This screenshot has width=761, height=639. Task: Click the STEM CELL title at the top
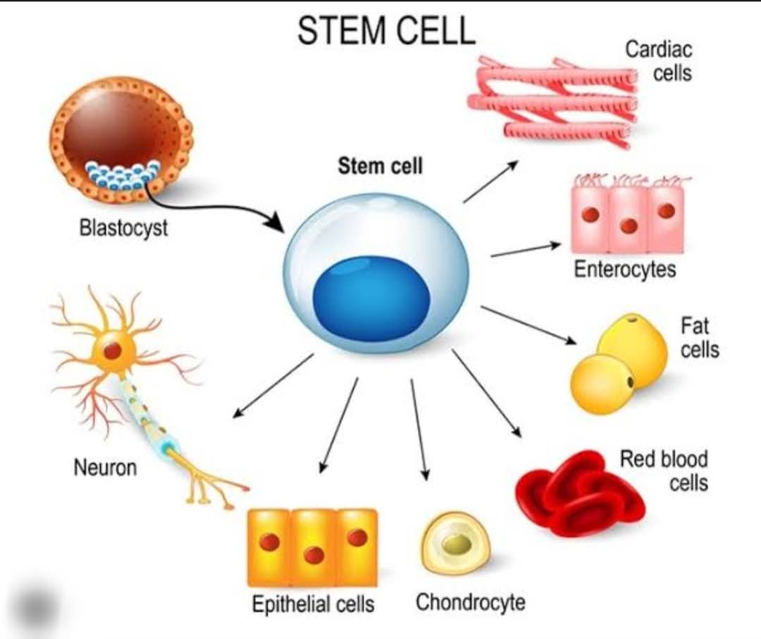386,30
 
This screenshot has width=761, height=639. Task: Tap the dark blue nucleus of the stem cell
372,297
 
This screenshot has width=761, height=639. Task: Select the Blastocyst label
123,228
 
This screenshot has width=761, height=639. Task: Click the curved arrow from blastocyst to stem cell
209,208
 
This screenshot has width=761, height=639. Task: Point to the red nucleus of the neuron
112,350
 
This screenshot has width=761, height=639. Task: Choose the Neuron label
105,468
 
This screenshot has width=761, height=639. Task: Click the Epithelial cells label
313,604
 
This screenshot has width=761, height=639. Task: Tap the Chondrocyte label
470,602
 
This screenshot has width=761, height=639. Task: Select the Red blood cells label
664,471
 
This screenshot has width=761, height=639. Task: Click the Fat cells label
699,337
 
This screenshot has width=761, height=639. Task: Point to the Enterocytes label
624,269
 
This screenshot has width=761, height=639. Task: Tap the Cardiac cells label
659,61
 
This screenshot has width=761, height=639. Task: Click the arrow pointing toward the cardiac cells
490,181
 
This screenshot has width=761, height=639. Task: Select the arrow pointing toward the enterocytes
526,249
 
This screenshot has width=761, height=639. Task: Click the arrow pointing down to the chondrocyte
419,429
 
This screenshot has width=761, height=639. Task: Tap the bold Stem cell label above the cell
380,166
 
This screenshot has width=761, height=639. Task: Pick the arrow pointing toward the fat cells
528,325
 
